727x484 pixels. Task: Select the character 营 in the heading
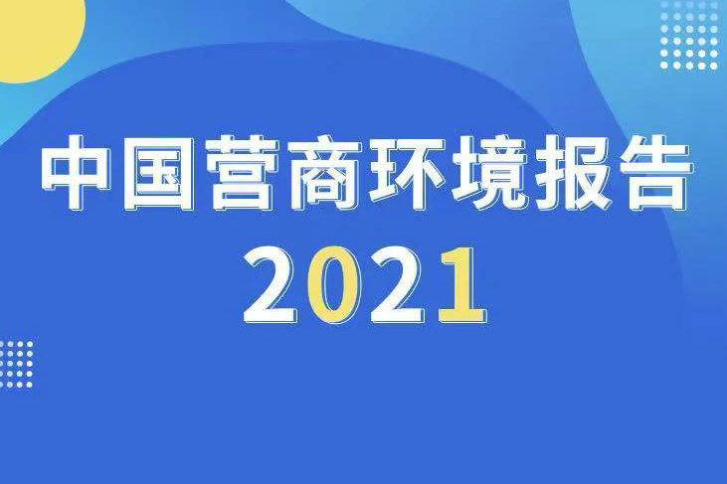pyautogui.click(x=240, y=172)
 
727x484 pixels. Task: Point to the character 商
pyautogui.click(x=323, y=172)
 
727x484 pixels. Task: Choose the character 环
pyautogui.click(x=405, y=172)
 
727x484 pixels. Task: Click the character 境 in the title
pyautogui.click(x=488, y=172)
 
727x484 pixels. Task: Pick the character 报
pyautogui.click(x=572, y=172)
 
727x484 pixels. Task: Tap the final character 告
pyautogui.click(x=654, y=172)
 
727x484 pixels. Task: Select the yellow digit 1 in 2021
pyautogui.click(x=462, y=284)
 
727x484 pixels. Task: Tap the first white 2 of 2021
pyautogui.click(x=270, y=284)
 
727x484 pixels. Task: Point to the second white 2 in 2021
pyautogui.click(x=398, y=284)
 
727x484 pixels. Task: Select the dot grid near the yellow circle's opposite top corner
pyautogui.click(x=689, y=35)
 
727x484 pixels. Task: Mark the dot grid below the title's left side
pyautogui.click(x=17, y=365)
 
